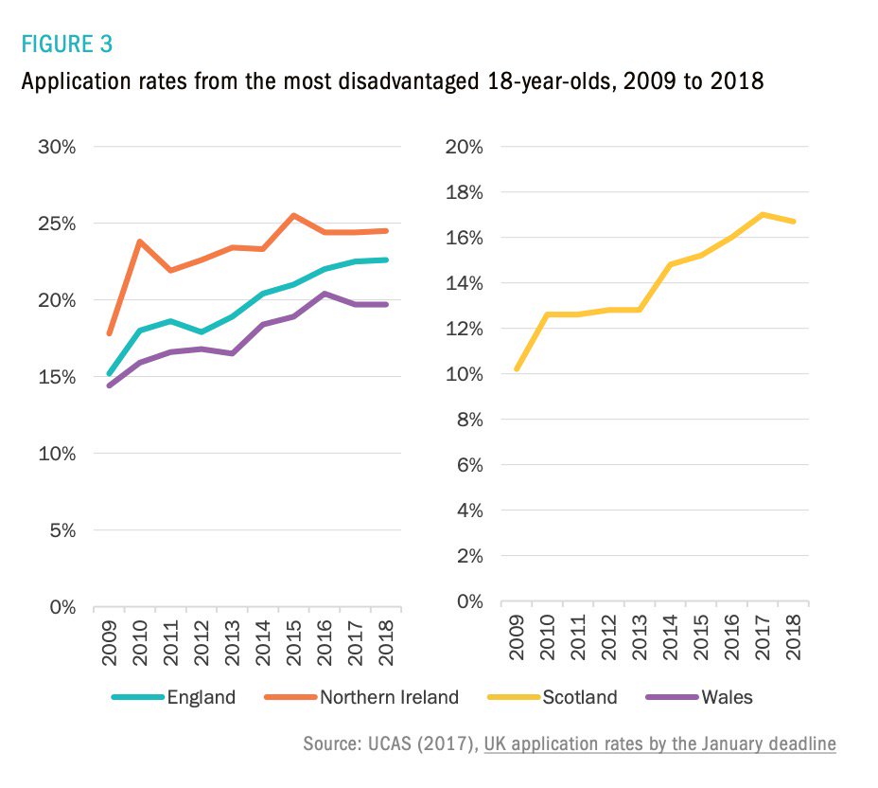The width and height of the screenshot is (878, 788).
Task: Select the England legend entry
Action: tap(201, 698)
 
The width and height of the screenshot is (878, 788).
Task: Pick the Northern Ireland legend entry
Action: tap(389, 698)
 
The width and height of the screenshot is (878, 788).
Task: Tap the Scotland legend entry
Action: tap(579, 698)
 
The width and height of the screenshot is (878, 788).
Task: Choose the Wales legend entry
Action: tap(727, 698)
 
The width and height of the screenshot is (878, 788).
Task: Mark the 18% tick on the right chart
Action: tap(465, 192)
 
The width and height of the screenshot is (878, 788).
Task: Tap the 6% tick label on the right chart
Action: tap(468, 465)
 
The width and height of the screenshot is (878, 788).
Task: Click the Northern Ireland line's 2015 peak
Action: tap(294, 215)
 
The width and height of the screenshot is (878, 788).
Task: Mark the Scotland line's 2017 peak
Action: tap(763, 214)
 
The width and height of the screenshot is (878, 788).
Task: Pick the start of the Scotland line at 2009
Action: tap(518, 369)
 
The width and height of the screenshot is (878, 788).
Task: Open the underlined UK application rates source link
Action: tap(659, 744)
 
